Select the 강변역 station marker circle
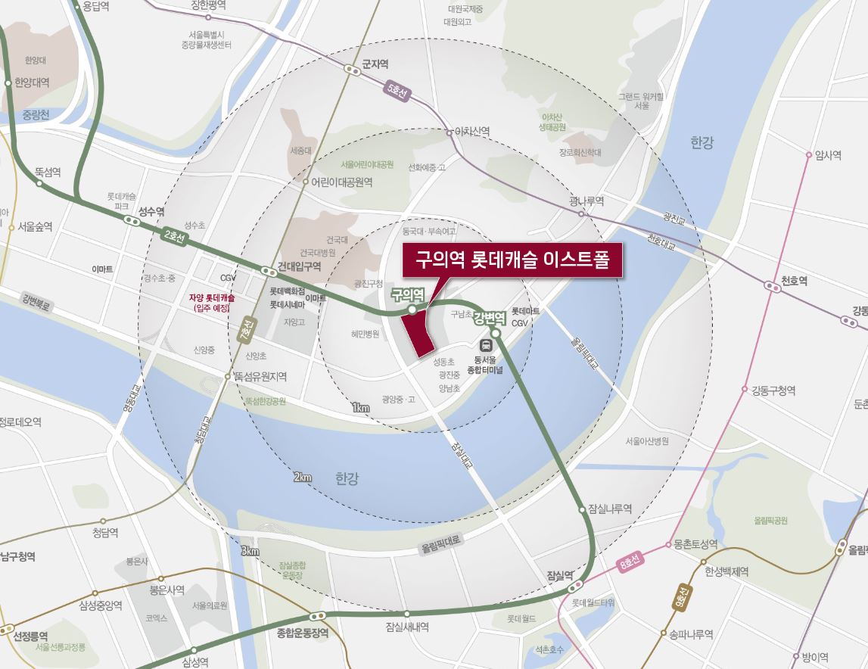pos(496,333)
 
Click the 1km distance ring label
pos(360,408)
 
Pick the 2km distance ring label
pos(302,477)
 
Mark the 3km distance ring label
pos(250,550)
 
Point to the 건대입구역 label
pos(300,266)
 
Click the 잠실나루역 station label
pos(609,509)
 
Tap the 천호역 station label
pos(795,281)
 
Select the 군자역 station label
pos(375,64)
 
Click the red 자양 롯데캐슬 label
pos(212,303)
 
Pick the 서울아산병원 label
pos(647,440)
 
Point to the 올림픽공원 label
pos(770,521)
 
